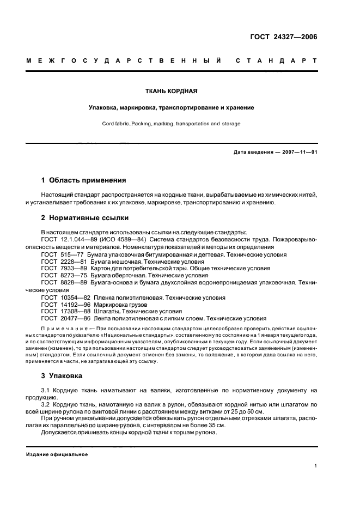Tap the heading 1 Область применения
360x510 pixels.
pos(84,180)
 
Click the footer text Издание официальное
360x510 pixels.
pos(57,454)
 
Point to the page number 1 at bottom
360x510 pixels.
pos(315,466)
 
